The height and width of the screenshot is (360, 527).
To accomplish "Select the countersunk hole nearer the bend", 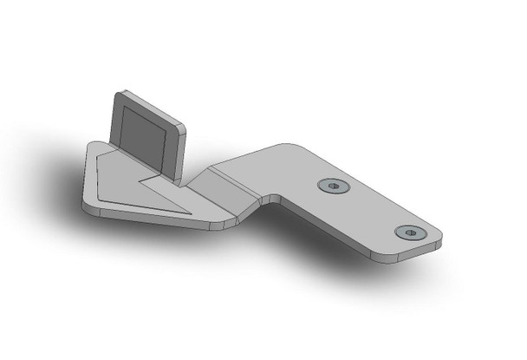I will [x=331, y=186].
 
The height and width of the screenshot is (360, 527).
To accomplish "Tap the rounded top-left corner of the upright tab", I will [x=119, y=93].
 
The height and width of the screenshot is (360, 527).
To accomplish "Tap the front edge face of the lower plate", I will [x=147, y=219].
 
